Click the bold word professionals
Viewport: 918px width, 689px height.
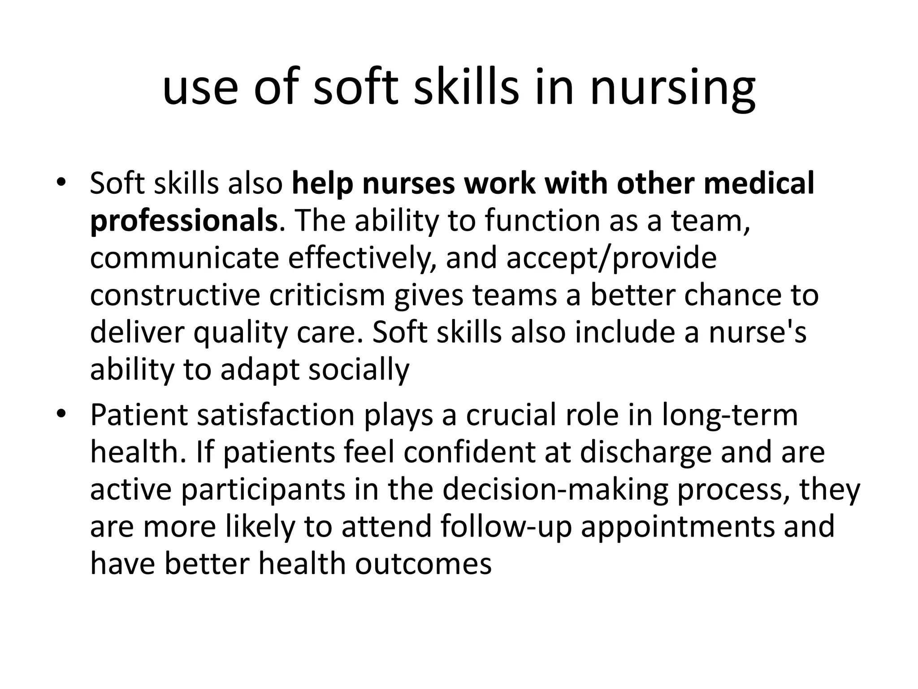[184, 221]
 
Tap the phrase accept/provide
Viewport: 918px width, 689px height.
[611, 258]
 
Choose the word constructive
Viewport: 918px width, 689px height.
[175, 296]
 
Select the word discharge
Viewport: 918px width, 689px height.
[645, 453]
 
